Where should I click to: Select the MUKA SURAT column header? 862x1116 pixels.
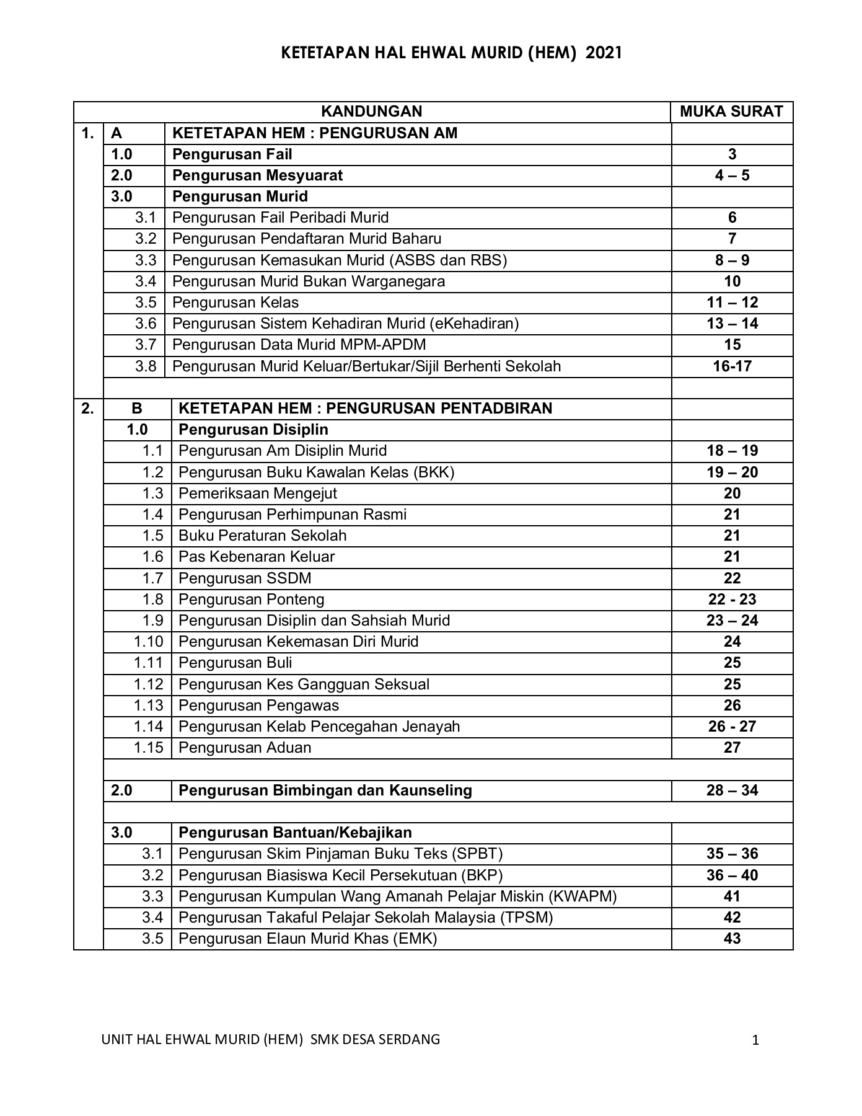point(731,112)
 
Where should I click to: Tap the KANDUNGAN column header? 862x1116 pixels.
point(371,112)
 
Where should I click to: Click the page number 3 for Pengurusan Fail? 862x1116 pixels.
point(732,154)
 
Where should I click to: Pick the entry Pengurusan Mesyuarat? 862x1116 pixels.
point(257,175)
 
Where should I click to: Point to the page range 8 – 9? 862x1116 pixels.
point(732,260)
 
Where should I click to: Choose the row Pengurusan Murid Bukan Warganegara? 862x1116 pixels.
point(308,281)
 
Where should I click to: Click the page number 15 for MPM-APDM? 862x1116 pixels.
point(732,345)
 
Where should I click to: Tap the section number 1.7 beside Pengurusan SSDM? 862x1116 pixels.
point(152,578)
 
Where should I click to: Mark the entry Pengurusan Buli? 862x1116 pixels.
point(235,663)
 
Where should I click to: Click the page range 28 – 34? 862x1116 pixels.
point(732,790)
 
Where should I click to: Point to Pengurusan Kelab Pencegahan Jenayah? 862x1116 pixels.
point(319,727)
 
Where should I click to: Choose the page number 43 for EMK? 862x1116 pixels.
point(732,939)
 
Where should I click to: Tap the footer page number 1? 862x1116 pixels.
point(755,1040)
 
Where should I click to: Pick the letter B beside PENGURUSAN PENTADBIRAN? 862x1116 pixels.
point(137,409)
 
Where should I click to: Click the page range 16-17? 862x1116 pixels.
point(732,366)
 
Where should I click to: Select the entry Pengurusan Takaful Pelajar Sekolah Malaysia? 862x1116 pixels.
point(365,918)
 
